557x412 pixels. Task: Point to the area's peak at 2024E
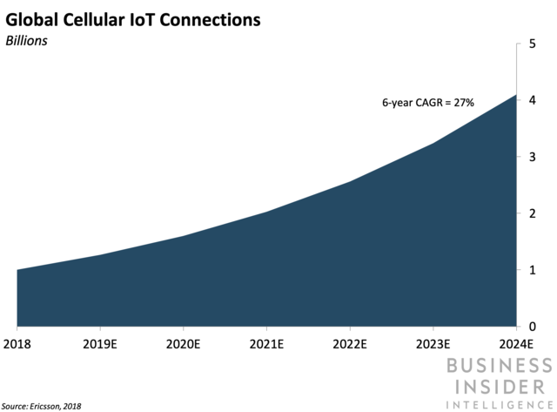click(x=516, y=95)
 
